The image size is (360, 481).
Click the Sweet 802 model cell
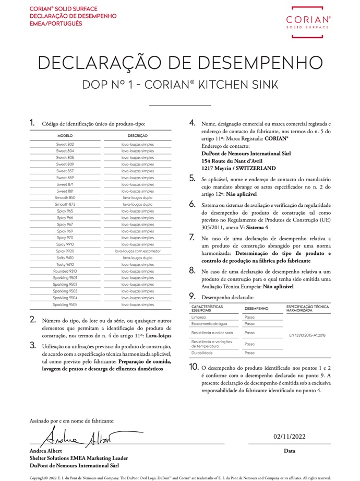coord(65,144)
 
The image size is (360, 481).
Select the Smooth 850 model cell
coord(65,198)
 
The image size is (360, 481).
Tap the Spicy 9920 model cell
coord(65,251)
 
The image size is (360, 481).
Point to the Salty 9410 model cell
coord(65,257)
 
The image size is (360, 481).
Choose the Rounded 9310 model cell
coord(65,271)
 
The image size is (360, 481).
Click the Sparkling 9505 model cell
coord(65,304)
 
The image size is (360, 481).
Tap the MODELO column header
coord(65,135)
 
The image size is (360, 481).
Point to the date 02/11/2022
coord(290,436)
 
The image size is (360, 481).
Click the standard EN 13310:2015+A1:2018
coord(307,335)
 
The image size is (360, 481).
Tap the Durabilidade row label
coord(203,353)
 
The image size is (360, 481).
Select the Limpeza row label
coord(199,317)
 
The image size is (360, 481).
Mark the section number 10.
coord(193,367)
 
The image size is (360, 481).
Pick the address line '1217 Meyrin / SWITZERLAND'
coord(238,169)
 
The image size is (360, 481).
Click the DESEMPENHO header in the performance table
coord(256,308)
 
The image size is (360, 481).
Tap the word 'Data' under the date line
coord(290,450)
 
